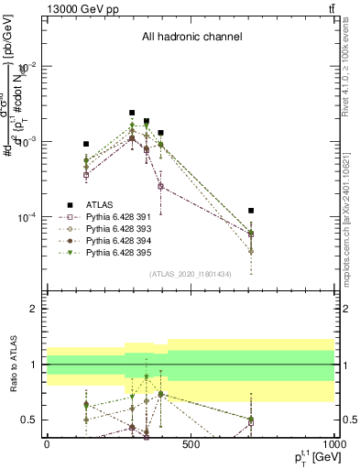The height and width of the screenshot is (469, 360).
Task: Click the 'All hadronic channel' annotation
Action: (x=191, y=38)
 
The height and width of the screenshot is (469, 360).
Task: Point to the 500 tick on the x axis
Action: (x=191, y=444)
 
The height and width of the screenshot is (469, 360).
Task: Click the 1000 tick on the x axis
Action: (x=334, y=444)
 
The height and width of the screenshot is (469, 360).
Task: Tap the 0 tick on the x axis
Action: (x=47, y=444)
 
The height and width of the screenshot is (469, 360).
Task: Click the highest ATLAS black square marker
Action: (x=132, y=113)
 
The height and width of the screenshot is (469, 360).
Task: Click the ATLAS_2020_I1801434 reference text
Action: (x=191, y=274)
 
